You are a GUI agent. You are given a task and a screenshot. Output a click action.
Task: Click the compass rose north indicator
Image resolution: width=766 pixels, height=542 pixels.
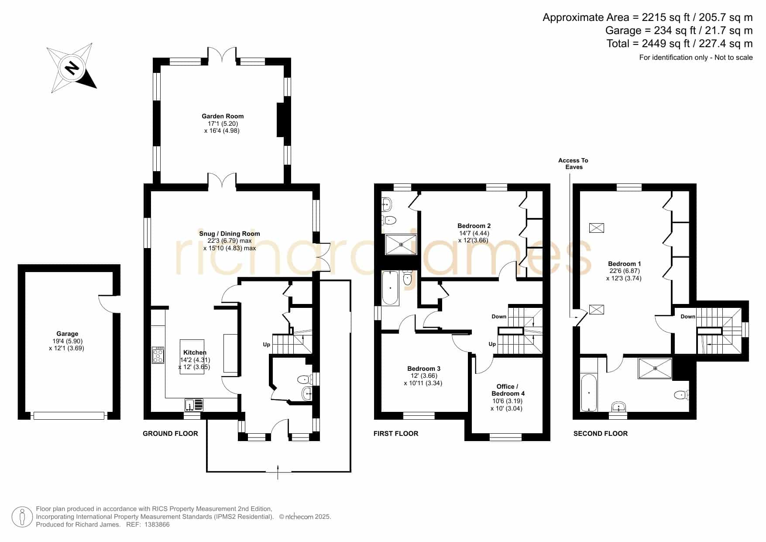pyautogui.click(x=72, y=68)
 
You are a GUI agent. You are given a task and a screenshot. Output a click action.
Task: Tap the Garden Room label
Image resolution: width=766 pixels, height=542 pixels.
pyautogui.click(x=223, y=116)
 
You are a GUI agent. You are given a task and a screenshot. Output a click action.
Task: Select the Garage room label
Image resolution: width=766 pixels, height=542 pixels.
pyautogui.click(x=67, y=334)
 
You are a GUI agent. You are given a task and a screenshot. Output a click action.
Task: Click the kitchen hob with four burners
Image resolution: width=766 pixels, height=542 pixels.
pyautogui.click(x=158, y=355)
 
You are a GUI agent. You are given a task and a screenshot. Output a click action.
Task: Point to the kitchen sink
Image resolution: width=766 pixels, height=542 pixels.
pyautogui.click(x=194, y=405)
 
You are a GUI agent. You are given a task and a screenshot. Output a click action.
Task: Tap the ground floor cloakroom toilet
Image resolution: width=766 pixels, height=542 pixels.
pyautogui.click(x=305, y=379)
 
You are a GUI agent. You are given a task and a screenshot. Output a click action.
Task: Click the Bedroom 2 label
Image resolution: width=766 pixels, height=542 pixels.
pyautogui.click(x=474, y=226)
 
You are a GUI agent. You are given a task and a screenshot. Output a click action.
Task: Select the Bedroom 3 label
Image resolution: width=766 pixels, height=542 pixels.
pyautogui.click(x=424, y=369)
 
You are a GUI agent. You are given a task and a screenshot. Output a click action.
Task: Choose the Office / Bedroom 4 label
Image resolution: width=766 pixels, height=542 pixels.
pyautogui.click(x=508, y=390)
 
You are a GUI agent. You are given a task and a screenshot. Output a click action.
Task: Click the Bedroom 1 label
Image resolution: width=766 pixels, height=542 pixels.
pyautogui.click(x=625, y=264)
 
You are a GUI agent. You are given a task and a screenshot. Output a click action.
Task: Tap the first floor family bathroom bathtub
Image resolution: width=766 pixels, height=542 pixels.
pyautogui.click(x=390, y=288)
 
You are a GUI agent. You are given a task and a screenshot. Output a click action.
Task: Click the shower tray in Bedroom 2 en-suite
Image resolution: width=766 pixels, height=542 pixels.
pyautogui.click(x=401, y=245)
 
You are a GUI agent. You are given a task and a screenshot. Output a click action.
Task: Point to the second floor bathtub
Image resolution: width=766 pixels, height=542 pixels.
pyautogui.click(x=589, y=392)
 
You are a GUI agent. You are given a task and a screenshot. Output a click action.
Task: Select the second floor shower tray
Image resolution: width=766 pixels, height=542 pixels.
pyautogui.click(x=655, y=368)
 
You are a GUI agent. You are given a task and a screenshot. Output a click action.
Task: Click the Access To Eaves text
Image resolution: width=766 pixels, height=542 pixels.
pyautogui.click(x=574, y=164)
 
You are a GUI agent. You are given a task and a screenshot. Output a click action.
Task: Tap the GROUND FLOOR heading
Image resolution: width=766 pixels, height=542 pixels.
pyautogui.click(x=171, y=434)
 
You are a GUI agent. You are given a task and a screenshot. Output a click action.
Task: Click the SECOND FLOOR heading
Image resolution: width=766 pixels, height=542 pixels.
pyautogui.click(x=601, y=434)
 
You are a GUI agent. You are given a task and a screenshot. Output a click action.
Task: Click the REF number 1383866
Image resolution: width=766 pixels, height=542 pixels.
pyautogui.click(x=157, y=525)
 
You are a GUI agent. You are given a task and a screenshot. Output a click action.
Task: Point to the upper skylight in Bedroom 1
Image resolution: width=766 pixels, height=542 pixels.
pyautogui.click(x=597, y=228)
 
